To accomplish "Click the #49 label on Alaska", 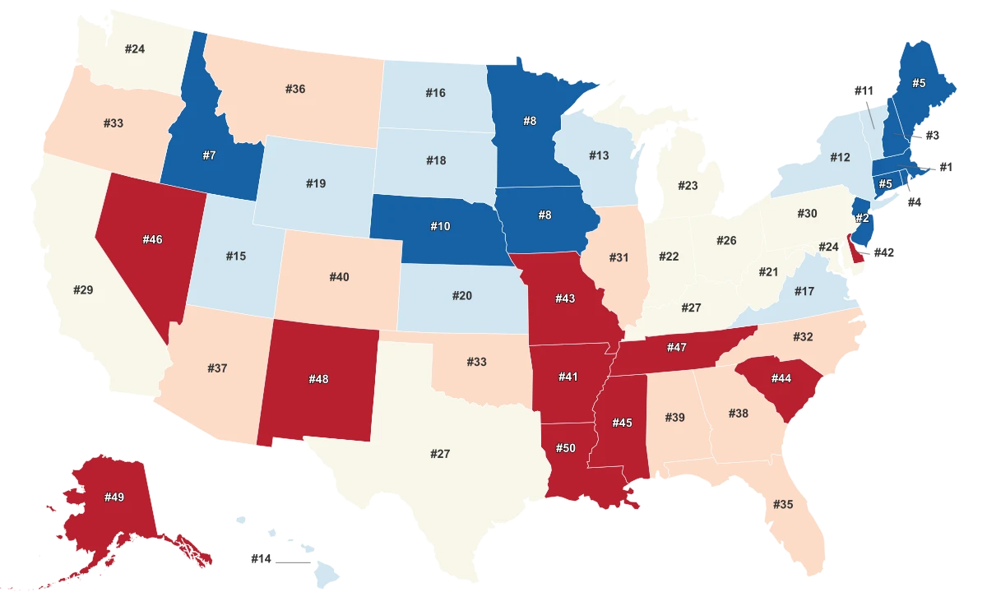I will click(114, 497).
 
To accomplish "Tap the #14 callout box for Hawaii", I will click(261, 558).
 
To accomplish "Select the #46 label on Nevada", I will click(152, 239).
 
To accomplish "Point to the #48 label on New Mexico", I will click(318, 379).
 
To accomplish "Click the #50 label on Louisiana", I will click(565, 447).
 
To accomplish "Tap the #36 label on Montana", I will click(294, 89).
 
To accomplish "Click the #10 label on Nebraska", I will click(440, 225).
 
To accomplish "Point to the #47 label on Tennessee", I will click(676, 348).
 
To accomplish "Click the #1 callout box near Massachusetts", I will click(945, 167).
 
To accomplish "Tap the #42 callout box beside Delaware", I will click(883, 253).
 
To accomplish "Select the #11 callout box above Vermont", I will click(863, 90).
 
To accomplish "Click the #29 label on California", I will click(83, 290).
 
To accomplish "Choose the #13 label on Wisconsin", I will click(599, 155).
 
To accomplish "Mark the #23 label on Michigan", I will click(688, 186).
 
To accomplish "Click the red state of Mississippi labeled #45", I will click(623, 423).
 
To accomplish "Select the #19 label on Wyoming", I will click(316, 183).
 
